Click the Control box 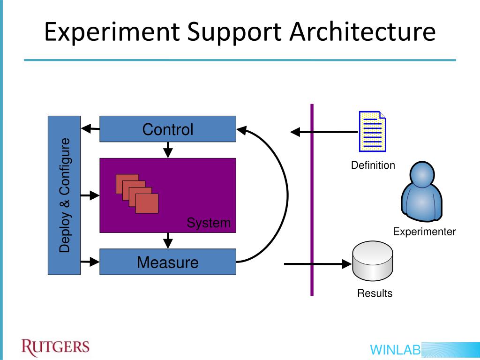[167, 129]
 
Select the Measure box [167, 262]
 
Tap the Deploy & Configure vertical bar [64, 195]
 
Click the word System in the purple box [209, 223]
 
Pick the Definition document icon [373, 132]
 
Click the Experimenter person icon [422, 192]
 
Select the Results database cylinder [373, 260]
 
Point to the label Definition [373, 165]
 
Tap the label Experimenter [424, 232]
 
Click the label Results [375, 293]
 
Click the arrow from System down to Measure [168, 240]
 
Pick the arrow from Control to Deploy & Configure [90, 128]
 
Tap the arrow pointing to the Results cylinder [319, 264]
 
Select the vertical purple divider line [312, 199]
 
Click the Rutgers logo [55, 347]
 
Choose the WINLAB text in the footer [395, 350]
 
